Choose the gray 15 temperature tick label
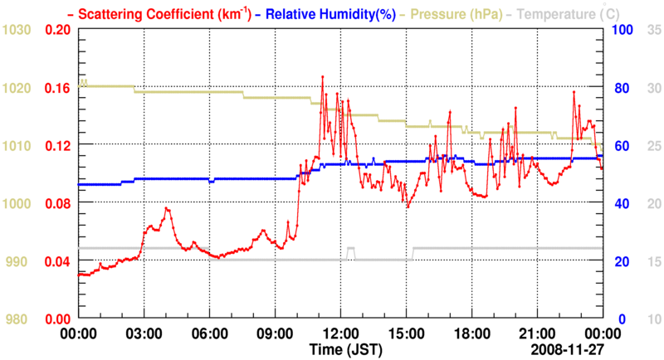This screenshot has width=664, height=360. (653, 261)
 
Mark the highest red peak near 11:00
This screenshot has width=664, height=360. (323, 76)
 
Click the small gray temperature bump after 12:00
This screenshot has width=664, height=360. (351, 249)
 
